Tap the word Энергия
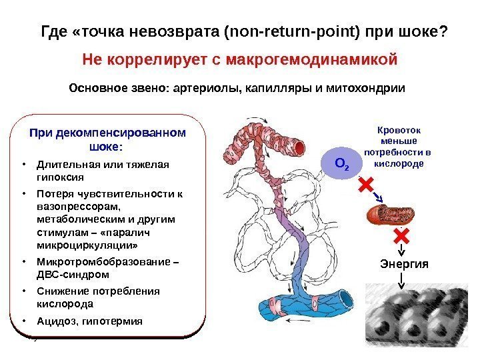pyautogui.click(x=403, y=263)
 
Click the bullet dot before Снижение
pyautogui.click(x=23, y=291)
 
